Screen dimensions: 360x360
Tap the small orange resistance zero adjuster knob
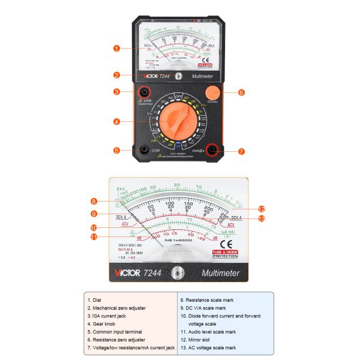(212, 93)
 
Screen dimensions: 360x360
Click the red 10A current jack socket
(144, 92)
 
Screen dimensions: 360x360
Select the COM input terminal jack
(144, 151)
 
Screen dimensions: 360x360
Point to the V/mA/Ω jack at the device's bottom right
(212, 151)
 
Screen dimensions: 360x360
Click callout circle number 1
(116, 49)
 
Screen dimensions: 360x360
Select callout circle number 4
(116, 122)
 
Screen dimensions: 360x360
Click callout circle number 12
(262, 209)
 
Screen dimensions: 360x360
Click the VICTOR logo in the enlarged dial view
(127, 273)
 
